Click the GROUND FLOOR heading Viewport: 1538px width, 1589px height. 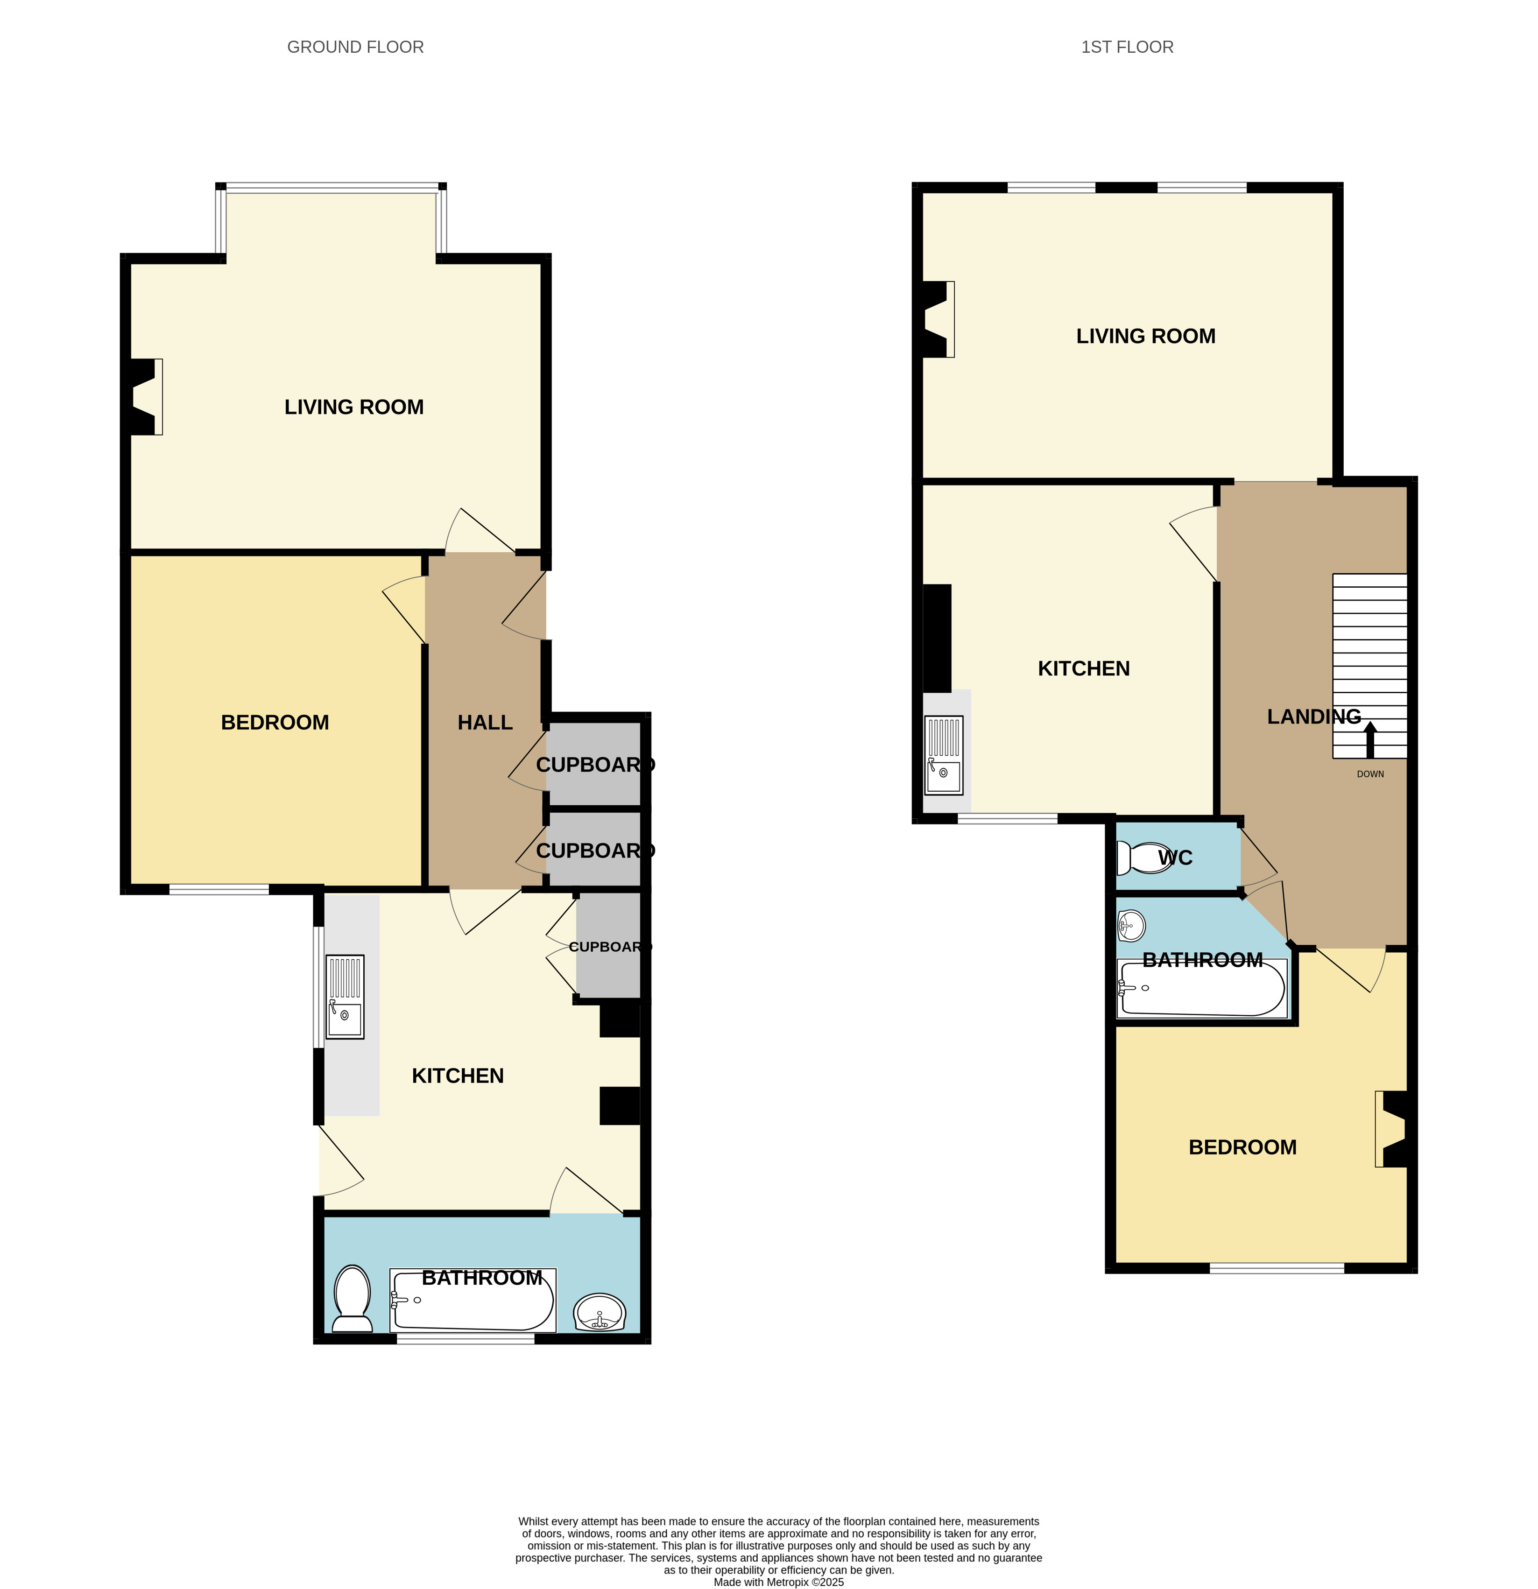tap(355, 47)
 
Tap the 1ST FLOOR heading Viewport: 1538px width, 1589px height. tap(1127, 47)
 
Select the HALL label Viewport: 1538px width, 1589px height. tap(485, 722)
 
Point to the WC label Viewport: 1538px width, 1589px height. tap(1175, 858)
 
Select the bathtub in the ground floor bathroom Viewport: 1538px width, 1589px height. tap(473, 1300)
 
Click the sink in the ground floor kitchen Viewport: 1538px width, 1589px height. tap(345, 996)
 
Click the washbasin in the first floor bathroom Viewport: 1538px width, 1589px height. tap(1131, 925)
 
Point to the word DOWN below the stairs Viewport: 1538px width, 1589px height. tap(1370, 774)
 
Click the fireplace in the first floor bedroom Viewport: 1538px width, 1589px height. tap(1391, 1129)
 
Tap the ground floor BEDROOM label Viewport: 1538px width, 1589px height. tap(275, 722)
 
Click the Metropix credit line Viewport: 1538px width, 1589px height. tap(778, 1582)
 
